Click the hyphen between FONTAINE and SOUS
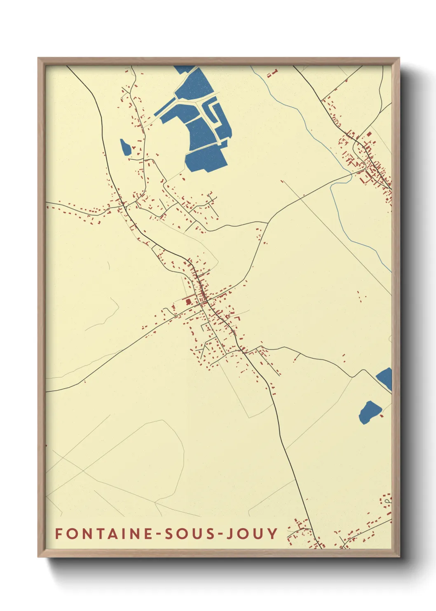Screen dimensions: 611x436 pos(158,534)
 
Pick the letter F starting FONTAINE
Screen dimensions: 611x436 pos(58,533)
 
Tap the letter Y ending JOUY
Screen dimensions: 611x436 pos(273,533)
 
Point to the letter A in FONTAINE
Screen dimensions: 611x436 pos(111,533)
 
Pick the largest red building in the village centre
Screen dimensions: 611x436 pos(189,302)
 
